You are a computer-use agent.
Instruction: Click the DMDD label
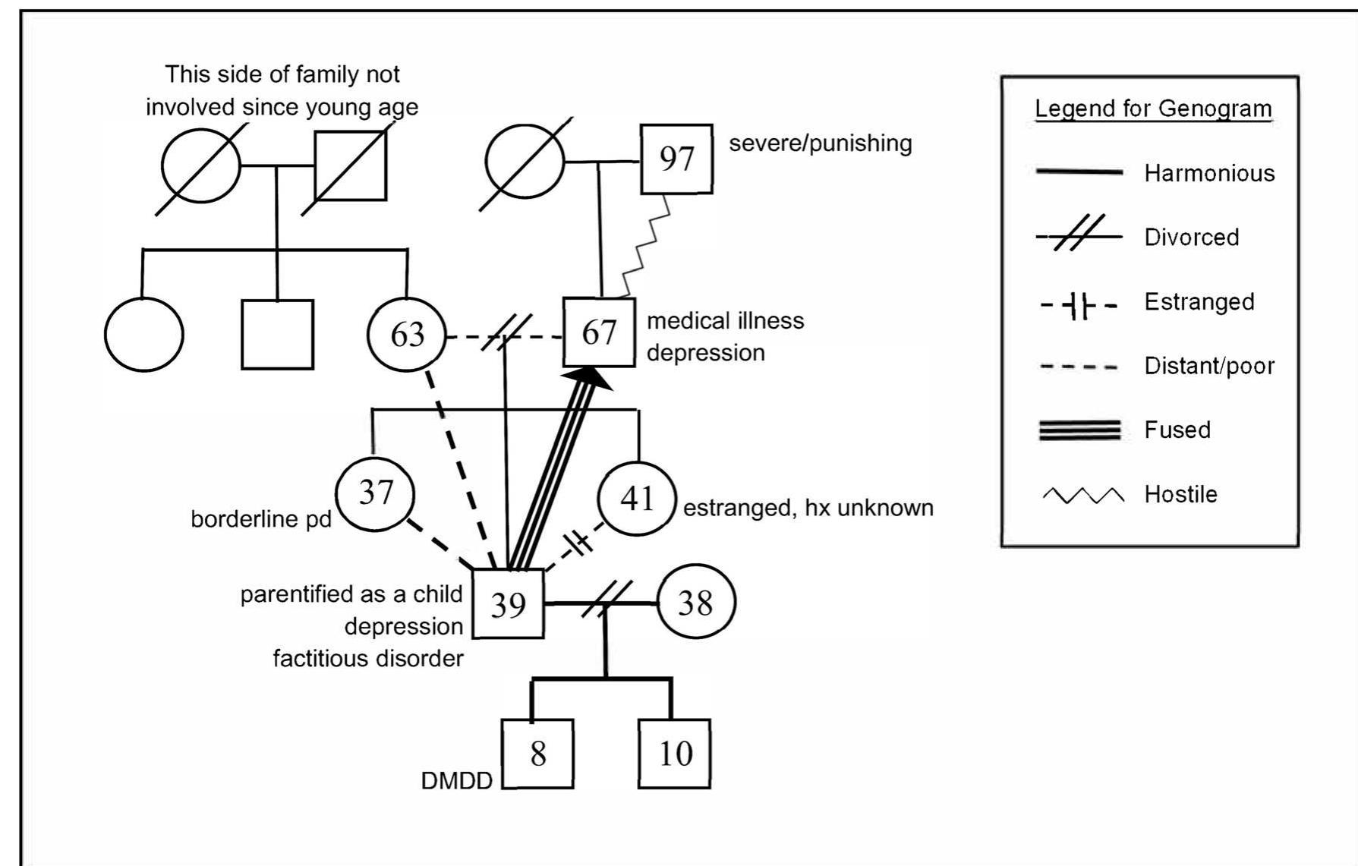tap(457, 781)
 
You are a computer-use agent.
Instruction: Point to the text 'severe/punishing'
tap(821, 143)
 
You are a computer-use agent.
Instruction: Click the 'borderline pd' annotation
tap(261, 519)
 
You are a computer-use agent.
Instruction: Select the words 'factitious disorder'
tap(368, 658)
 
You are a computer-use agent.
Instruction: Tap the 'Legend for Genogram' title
tap(1153, 109)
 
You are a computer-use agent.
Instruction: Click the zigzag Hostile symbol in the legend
tap(1083, 496)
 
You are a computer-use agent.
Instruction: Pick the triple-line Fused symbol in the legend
tap(1079, 430)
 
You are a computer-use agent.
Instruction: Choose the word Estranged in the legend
tap(1199, 302)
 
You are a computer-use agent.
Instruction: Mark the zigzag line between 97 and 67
tap(646, 246)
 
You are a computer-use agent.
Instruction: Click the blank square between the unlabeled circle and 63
tap(277, 335)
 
